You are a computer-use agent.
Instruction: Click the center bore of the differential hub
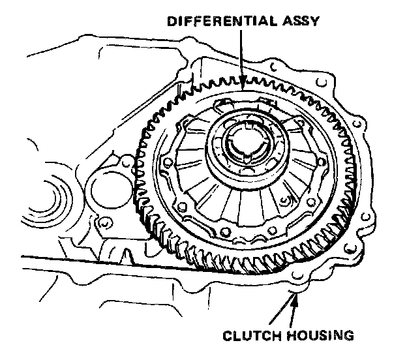(242, 147)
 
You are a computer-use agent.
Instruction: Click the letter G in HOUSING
(349, 337)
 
